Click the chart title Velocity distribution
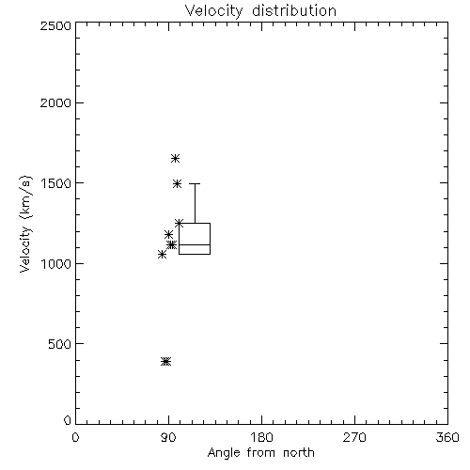coord(260,11)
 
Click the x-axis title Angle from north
coord(260,452)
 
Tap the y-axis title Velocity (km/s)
coord(26,224)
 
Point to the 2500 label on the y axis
coord(55,25)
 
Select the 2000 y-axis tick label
coord(55,102)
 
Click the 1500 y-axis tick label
coord(56,183)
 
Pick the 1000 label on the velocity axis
coord(56,263)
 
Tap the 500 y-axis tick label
coord(60,344)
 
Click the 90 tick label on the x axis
coord(168,437)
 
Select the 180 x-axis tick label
coord(261,437)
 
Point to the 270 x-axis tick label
coord(354,437)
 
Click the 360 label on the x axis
coord(447,437)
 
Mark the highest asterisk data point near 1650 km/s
coord(175,158)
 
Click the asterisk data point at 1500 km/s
coord(178,183)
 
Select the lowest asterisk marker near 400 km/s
coord(166,361)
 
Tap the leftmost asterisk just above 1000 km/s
coord(162,255)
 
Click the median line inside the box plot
coord(195,244)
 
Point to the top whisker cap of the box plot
coord(195,183)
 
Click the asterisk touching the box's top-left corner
coord(179,223)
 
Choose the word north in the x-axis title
coord(299,452)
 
